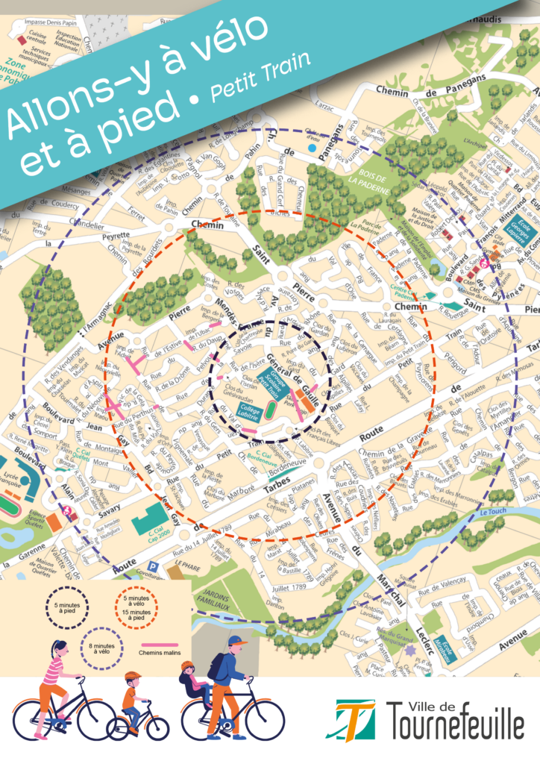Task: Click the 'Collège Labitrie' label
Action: pyautogui.click(x=249, y=409)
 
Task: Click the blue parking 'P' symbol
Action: pyautogui.click(x=154, y=567)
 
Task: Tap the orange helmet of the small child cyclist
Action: pyautogui.click(x=133, y=676)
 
